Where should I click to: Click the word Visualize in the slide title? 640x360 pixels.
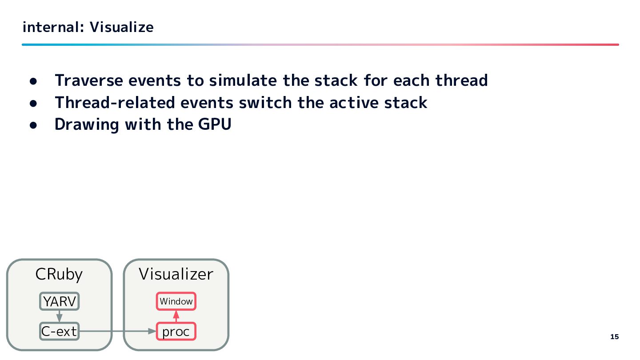tap(121, 28)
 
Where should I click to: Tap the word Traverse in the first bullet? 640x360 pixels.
tap(89, 80)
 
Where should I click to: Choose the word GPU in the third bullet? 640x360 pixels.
tap(215, 124)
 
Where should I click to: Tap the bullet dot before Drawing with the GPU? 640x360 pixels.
tap(33, 125)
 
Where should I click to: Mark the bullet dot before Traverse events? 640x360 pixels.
tap(33, 81)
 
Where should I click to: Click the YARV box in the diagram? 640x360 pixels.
tap(59, 301)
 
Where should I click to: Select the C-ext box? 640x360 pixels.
tap(59, 331)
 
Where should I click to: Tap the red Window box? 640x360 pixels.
tap(176, 301)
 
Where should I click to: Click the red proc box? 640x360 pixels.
tap(176, 331)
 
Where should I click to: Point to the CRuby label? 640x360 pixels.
tap(59, 274)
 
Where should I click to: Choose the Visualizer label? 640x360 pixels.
tap(176, 274)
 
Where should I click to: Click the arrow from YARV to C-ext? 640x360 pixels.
tap(59, 316)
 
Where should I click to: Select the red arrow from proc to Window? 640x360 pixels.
tap(176, 316)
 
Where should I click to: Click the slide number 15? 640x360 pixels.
tap(614, 337)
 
